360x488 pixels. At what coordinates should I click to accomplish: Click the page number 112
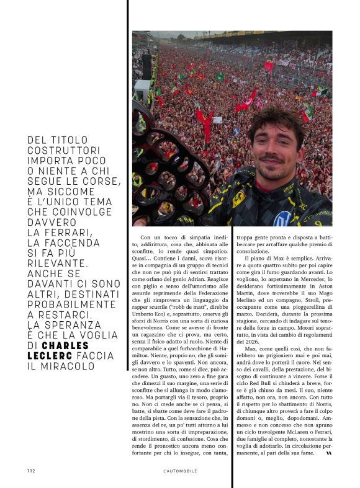tap(30, 471)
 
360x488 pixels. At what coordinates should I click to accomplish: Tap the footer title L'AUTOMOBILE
tap(179, 471)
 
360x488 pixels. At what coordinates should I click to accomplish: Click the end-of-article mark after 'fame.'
tap(329, 453)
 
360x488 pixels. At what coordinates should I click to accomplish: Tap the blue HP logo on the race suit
tap(283, 218)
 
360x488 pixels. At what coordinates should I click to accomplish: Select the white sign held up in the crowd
tap(218, 120)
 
